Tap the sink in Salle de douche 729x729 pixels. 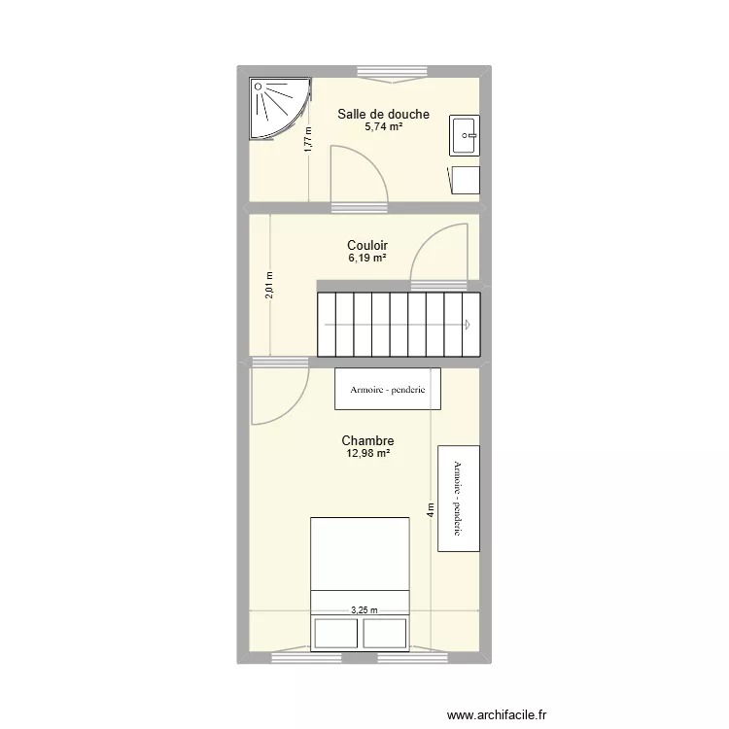(x=465, y=135)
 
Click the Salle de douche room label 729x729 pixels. (x=383, y=115)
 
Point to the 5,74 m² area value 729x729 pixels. (x=383, y=127)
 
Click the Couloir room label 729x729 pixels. (x=367, y=247)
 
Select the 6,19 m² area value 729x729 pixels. (x=367, y=260)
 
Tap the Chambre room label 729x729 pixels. (x=367, y=441)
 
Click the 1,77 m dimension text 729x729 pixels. (x=308, y=140)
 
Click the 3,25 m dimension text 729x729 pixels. (x=364, y=610)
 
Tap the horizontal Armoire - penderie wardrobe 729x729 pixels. (x=388, y=389)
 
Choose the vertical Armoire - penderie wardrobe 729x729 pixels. (x=458, y=499)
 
